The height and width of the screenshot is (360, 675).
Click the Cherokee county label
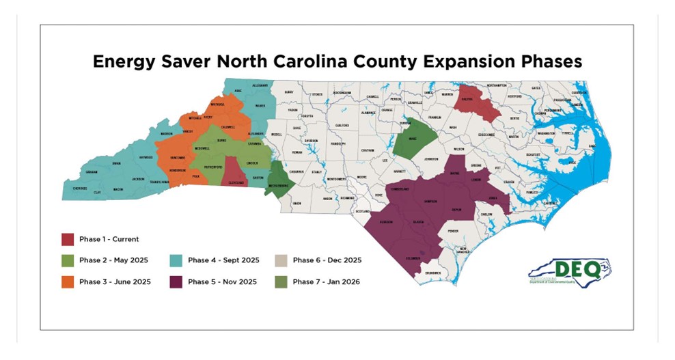[80, 187]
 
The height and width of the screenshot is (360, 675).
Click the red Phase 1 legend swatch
[67, 239]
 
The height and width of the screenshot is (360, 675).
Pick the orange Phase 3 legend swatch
[67, 281]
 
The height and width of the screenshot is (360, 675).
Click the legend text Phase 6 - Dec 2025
[327, 260]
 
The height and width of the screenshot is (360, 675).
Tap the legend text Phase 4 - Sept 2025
[223, 260]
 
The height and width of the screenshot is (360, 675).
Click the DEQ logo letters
[577, 268]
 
